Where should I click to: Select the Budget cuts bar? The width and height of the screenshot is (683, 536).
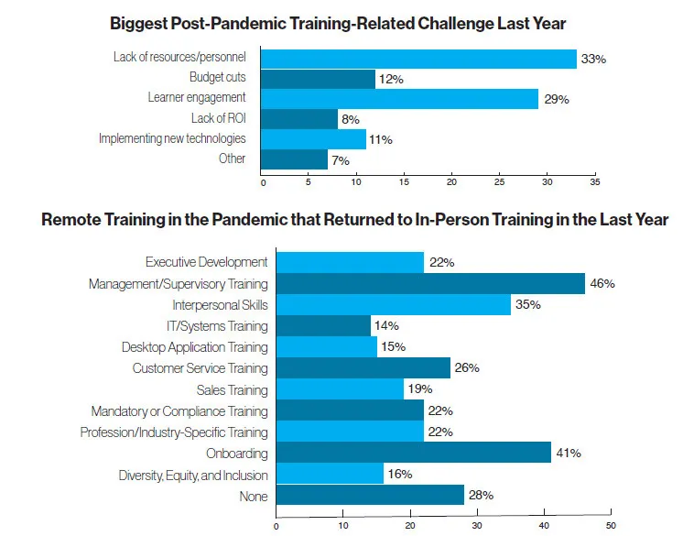pyautogui.click(x=318, y=79)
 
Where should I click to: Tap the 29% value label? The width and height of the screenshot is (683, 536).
pyautogui.click(x=557, y=99)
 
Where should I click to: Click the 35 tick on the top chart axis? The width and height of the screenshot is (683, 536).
pyautogui.click(x=594, y=182)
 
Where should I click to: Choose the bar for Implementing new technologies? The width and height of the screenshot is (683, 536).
pyautogui.click(x=313, y=138)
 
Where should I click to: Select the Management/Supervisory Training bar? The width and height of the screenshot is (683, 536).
pyautogui.click(x=429, y=284)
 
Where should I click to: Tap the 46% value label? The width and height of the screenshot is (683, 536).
pyautogui.click(x=602, y=284)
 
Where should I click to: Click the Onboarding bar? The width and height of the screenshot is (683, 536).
pyautogui.click(x=412, y=454)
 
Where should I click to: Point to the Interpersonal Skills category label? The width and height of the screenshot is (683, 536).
pyautogui.click(x=220, y=305)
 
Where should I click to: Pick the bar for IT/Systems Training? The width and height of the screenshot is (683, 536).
pyautogui.click(x=322, y=326)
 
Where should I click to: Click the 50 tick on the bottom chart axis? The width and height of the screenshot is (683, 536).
pyautogui.click(x=611, y=525)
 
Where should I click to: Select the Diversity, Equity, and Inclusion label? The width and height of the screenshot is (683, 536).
pyautogui.click(x=193, y=475)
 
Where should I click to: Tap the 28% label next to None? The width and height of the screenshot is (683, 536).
pyautogui.click(x=481, y=496)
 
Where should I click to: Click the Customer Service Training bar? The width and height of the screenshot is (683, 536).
pyautogui.click(x=363, y=368)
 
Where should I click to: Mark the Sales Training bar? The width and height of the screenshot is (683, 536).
pyautogui.click(x=339, y=390)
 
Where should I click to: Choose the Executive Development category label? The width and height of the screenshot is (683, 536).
pyautogui.click(x=206, y=263)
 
